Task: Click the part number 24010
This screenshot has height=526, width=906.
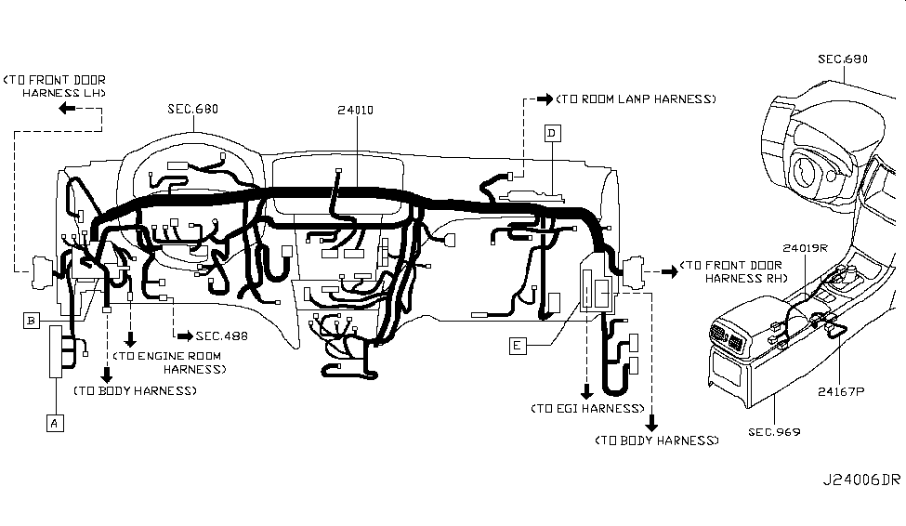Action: click(x=357, y=109)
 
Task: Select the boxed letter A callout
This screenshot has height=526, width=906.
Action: click(x=55, y=423)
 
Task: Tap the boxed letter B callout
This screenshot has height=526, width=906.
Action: click(x=33, y=321)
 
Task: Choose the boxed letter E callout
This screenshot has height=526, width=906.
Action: click(x=518, y=346)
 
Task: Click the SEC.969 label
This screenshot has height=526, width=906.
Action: click(x=773, y=432)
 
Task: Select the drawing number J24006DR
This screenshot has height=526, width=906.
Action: click(x=860, y=480)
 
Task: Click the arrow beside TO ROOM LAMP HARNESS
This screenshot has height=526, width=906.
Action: click(x=545, y=98)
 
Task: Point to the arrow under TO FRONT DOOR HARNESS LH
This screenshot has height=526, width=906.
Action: click(x=68, y=109)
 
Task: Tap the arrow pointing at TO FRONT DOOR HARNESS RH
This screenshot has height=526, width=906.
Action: click(x=668, y=271)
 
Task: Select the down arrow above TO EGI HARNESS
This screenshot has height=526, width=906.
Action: click(x=586, y=389)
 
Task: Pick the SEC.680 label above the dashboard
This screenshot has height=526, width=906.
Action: click(x=192, y=109)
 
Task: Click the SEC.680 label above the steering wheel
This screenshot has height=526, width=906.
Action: click(x=842, y=59)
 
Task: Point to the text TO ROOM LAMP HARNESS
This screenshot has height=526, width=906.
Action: click(x=637, y=98)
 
